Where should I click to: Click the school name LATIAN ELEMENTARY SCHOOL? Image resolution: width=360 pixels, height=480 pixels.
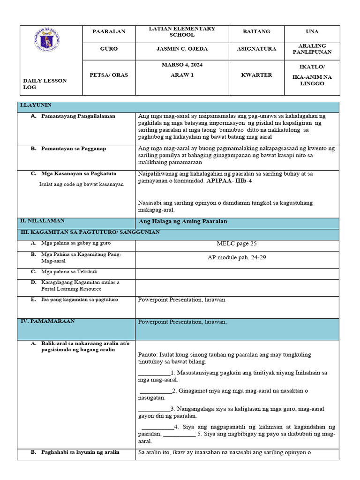[182, 32]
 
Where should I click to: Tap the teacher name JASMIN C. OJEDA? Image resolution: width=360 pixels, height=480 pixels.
[182, 49]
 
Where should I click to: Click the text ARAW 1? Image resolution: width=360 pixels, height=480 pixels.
[182, 75]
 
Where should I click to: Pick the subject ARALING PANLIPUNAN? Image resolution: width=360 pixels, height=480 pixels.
[315, 49]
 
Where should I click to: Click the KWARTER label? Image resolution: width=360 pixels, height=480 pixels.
[256, 75]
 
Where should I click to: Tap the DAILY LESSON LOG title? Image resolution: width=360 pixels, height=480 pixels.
[45, 84]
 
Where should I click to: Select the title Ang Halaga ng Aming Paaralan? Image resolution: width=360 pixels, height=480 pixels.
[183, 221]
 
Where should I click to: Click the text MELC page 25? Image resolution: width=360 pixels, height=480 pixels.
[237, 243]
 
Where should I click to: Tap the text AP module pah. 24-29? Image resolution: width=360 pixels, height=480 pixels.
[237, 257]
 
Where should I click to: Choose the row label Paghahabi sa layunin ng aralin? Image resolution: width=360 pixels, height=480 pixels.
[80, 452]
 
